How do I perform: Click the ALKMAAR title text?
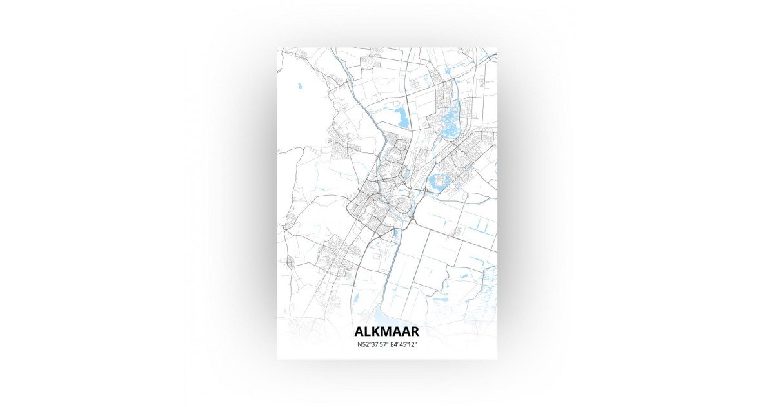(386, 331)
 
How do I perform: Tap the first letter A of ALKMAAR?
(359, 331)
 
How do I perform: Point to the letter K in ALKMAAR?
(376, 331)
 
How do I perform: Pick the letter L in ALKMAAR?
(368, 331)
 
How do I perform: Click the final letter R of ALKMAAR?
(414, 331)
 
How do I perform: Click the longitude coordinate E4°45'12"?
(402, 345)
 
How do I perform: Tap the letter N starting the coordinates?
(359, 345)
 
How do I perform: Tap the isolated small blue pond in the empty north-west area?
(299, 85)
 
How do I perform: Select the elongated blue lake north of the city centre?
(403, 118)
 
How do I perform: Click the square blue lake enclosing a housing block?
(439, 182)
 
